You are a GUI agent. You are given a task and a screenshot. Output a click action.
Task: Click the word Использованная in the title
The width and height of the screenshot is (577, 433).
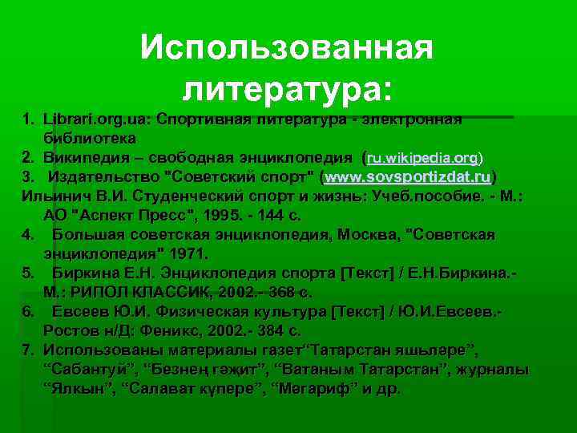287,49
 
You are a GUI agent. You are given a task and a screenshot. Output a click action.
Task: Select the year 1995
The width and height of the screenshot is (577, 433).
220,215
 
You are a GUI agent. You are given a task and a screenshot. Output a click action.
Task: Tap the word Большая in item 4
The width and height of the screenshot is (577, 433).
90,235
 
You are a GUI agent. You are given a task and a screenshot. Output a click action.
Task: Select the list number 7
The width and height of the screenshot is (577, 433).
27,350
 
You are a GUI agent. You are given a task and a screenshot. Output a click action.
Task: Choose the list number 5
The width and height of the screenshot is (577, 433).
27,273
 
